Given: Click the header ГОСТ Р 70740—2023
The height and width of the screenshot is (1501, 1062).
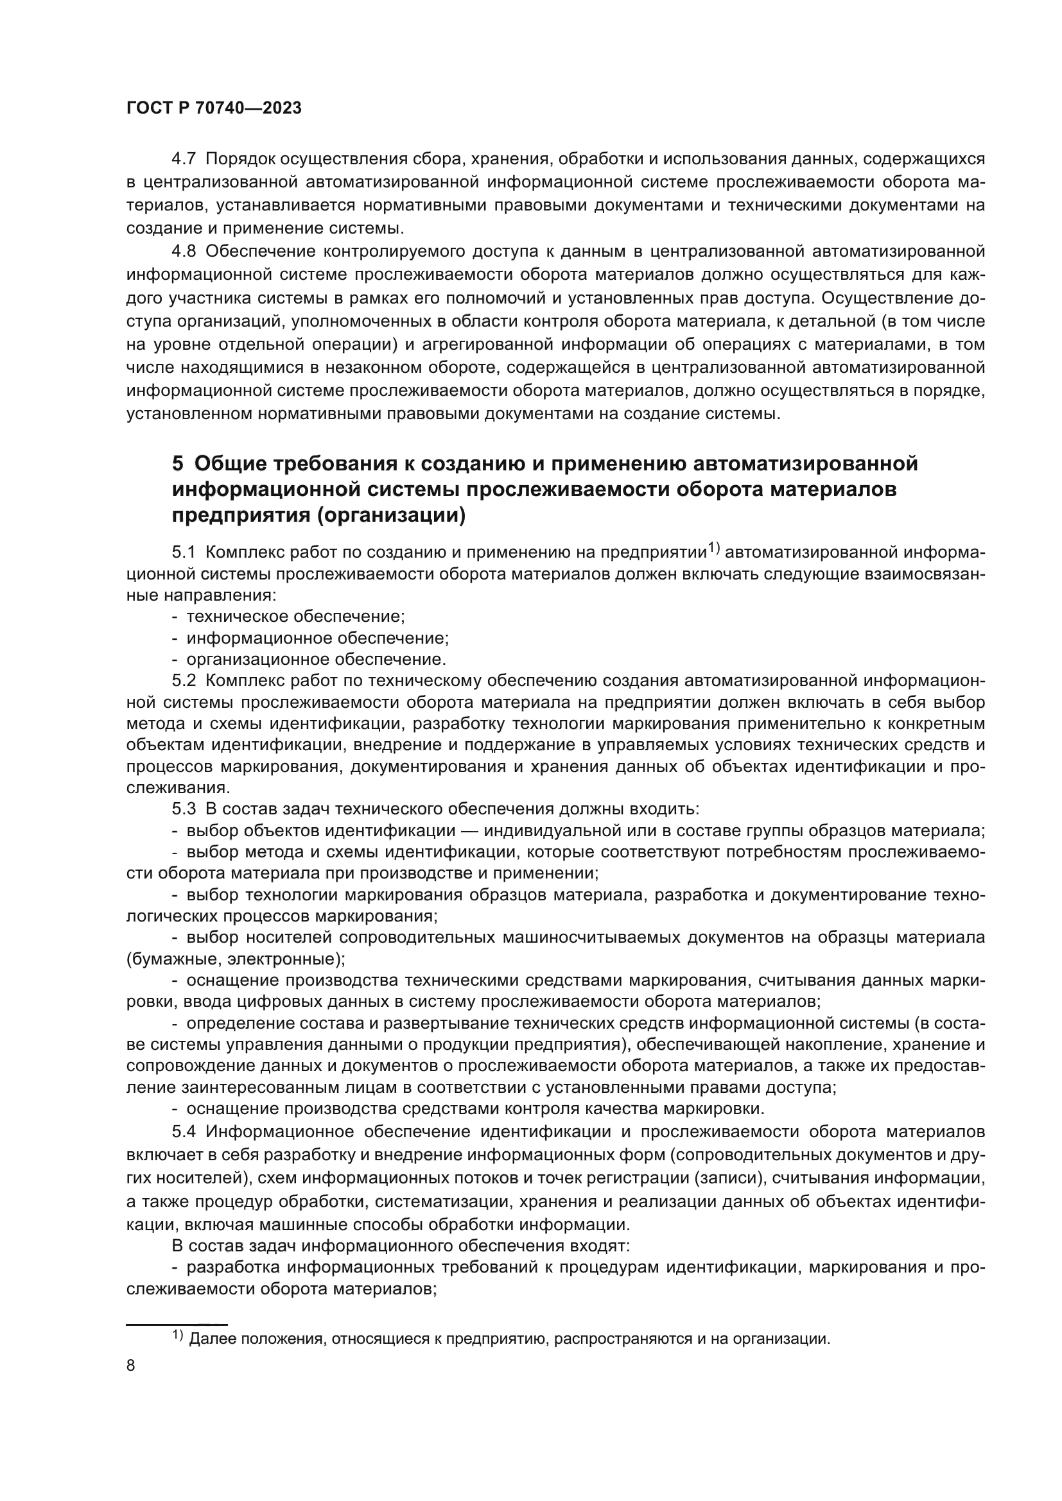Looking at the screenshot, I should [x=214, y=108].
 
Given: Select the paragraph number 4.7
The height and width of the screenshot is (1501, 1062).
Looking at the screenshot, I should [x=183, y=159].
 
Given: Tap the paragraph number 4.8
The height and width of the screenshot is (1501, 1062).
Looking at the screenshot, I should [x=183, y=252].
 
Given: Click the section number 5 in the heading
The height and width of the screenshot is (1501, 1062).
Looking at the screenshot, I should [x=177, y=464].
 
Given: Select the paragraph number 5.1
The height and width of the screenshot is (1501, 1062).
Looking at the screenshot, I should [x=184, y=553].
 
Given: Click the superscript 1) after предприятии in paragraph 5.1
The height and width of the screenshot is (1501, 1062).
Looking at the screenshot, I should [x=714, y=549].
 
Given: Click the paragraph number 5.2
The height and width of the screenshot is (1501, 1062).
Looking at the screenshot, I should [x=184, y=682].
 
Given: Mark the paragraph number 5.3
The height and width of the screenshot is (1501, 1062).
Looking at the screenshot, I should [x=184, y=809].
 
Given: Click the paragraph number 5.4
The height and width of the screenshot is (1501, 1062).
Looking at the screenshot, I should [x=184, y=1131].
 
